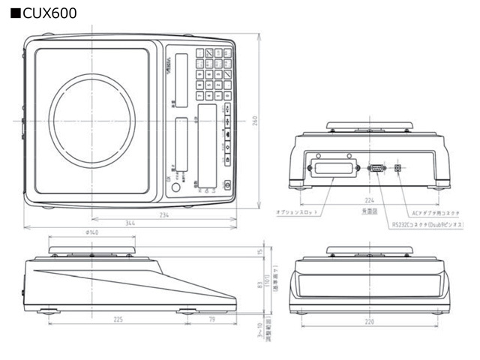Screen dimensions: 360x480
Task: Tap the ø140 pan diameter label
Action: (91, 233)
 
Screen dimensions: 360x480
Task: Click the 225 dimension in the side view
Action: (118, 319)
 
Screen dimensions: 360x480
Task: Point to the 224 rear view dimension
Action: (369, 200)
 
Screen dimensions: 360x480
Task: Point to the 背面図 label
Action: (368, 212)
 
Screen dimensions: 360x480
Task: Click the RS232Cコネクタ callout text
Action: (427, 224)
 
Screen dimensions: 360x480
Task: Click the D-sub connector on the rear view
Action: (377, 168)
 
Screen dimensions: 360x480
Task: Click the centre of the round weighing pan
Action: (92, 120)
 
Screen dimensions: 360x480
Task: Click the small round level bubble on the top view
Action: (175, 187)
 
